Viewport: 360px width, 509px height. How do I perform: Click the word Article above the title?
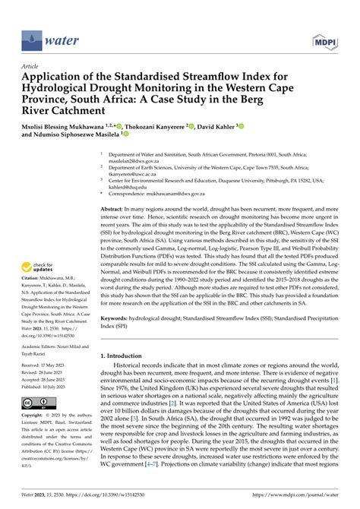pyautogui.click(x=30, y=67)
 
